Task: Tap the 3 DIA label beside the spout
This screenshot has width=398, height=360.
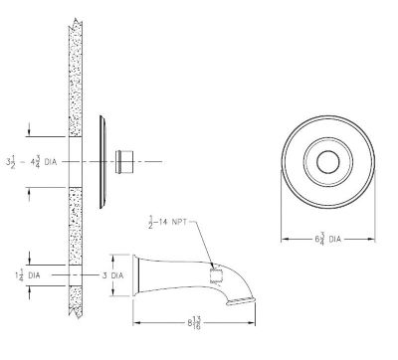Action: pyautogui.click(x=110, y=274)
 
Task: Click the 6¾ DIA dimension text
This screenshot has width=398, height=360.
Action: pyautogui.click(x=328, y=239)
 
